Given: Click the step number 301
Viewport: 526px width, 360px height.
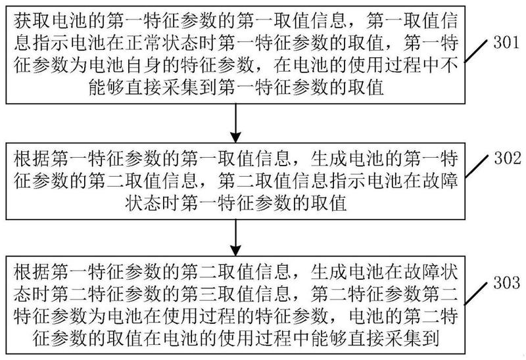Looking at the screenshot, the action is pyautogui.click(x=506, y=43).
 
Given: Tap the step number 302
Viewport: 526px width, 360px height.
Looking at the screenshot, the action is pyautogui.click(x=506, y=158).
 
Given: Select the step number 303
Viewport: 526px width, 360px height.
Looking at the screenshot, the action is pyautogui.click(x=506, y=282).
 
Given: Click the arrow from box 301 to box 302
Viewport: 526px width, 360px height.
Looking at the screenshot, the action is pyautogui.click(x=235, y=123).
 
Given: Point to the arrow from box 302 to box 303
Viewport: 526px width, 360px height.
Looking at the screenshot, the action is pyautogui.click(x=235, y=238).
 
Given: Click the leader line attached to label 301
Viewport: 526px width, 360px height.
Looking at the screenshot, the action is pyautogui.click(x=475, y=51).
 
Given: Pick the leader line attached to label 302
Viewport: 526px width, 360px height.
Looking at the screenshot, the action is pyautogui.click(x=475, y=166).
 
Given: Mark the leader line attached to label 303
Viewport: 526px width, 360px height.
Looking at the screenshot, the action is pyautogui.click(x=475, y=293).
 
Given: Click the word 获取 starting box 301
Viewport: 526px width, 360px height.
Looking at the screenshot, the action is pyautogui.click(x=32, y=21).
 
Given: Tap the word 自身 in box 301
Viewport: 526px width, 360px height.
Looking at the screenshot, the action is pyautogui.click(x=143, y=66).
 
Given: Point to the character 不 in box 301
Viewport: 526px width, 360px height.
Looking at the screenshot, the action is pyautogui.click(x=450, y=66).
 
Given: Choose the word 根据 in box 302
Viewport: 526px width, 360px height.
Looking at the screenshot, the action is pyautogui.click(x=32, y=158).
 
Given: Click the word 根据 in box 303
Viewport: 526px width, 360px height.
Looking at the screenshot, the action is pyautogui.click(x=32, y=272).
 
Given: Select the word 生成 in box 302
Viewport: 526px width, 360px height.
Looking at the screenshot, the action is pyautogui.click(x=329, y=158).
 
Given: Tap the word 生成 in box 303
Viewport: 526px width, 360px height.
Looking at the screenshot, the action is pyautogui.click(x=329, y=272).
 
